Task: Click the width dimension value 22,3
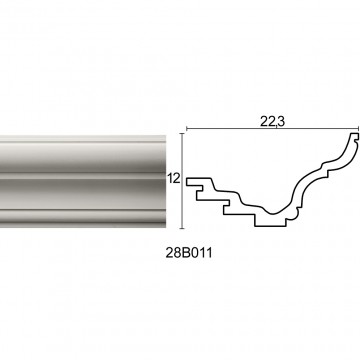click(x=273, y=122)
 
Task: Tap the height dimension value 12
click(x=173, y=179)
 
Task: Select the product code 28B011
click(x=189, y=253)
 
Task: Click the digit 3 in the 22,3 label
click(x=281, y=122)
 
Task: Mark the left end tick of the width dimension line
click(x=186, y=129)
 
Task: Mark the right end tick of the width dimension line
click(x=358, y=129)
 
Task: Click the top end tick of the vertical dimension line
click(x=182, y=133)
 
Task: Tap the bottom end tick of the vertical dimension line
click(x=182, y=228)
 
